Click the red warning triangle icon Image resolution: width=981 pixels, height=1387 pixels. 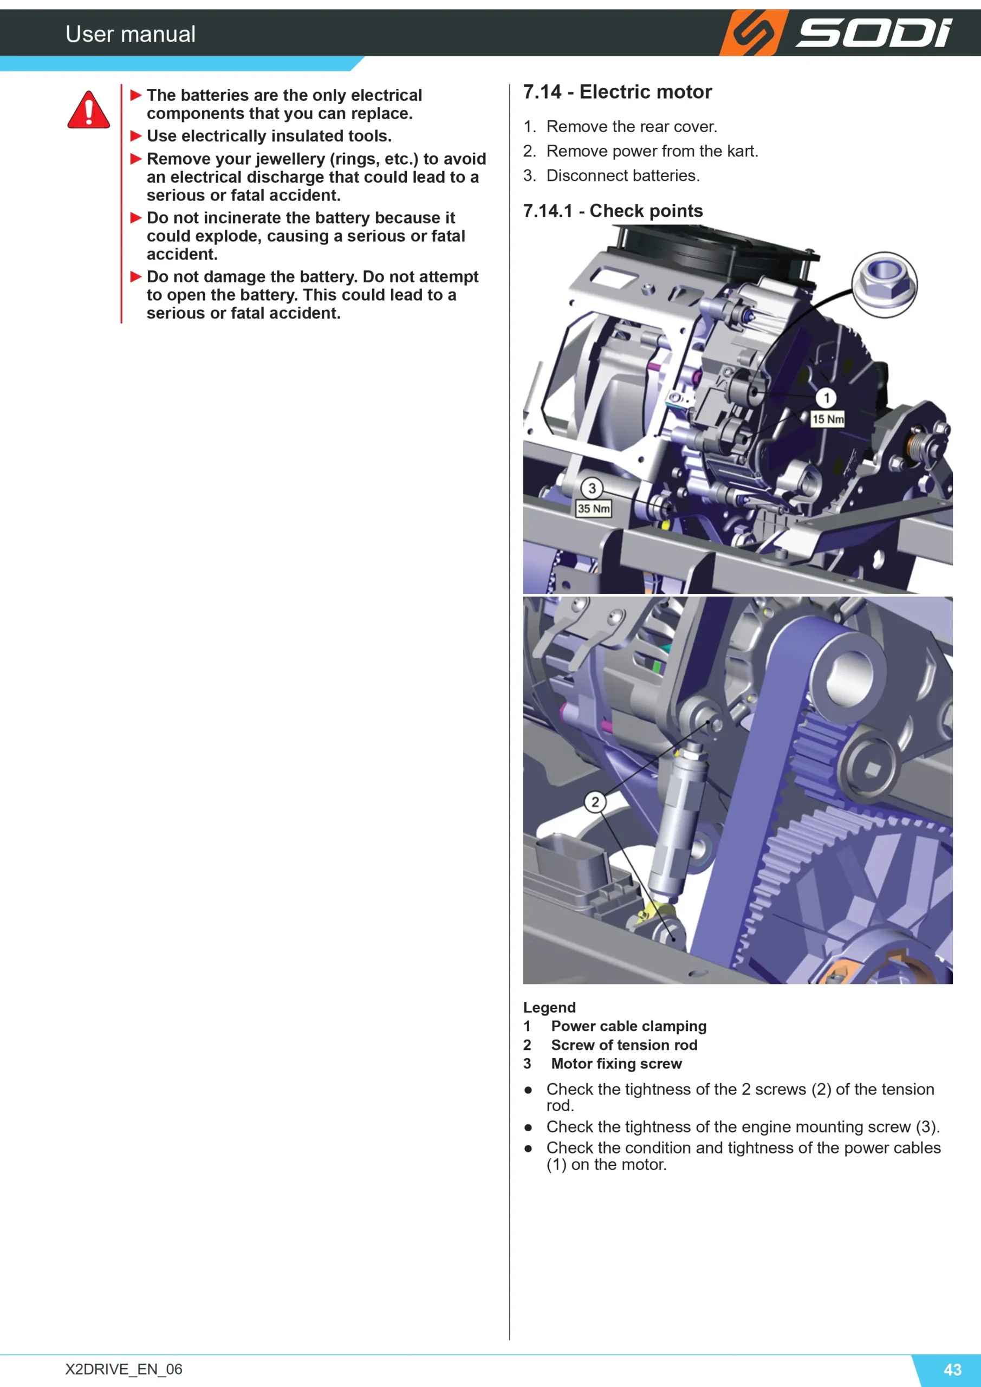click(89, 110)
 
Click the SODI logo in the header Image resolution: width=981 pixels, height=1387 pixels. click(836, 33)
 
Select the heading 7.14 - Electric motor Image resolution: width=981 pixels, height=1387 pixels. click(618, 92)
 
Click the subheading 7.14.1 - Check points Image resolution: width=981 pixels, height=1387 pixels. click(613, 211)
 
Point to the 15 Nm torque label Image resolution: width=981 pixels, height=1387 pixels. click(828, 419)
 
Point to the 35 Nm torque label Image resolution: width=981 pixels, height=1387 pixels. click(594, 509)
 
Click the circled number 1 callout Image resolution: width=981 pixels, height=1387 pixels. click(827, 398)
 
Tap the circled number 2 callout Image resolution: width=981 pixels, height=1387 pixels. click(595, 802)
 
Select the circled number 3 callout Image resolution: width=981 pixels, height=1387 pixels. click(592, 488)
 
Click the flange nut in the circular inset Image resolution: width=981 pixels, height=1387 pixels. click(883, 284)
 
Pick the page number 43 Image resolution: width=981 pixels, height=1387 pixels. click(953, 1370)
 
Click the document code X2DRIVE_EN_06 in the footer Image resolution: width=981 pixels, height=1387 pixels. click(124, 1369)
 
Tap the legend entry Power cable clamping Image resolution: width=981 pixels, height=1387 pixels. click(629, 1026)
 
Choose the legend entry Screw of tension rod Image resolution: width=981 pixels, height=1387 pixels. click(624, 1045)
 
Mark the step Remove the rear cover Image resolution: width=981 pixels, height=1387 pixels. click(632, 127)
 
